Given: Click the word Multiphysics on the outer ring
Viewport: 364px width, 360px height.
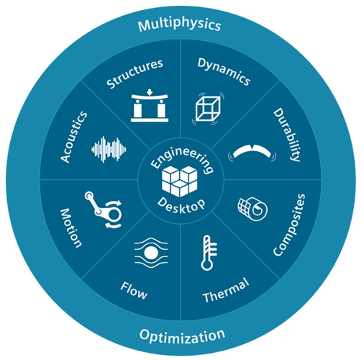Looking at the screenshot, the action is click(179, 25).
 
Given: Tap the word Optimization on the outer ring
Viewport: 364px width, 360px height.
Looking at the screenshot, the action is click(182, 336).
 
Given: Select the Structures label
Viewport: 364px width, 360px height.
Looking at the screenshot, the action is click(135, 73).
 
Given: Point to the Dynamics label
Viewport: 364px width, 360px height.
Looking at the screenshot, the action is click(224, 71).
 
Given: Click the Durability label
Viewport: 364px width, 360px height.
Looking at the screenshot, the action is click(287, 135).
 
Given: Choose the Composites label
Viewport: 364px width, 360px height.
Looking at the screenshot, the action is click(289, 225).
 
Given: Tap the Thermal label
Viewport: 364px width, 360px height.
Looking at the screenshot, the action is click(226, 290).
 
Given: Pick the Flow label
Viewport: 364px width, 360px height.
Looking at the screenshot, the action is click(134, 291).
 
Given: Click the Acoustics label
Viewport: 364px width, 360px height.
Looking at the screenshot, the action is click(74, 137).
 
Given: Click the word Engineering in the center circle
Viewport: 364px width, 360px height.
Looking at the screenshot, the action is click(182, 159).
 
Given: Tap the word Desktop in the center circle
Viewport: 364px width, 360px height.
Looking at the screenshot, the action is click(181, 206).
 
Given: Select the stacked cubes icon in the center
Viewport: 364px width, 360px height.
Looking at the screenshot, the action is click(180, 181).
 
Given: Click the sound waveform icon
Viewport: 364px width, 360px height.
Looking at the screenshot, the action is click(109, 149).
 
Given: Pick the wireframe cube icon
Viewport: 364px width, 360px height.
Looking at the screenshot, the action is click(208, 109).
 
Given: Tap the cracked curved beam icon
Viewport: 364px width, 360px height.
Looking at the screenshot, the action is click(252, 153).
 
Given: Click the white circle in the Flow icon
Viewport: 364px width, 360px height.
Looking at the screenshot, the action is click(151, 253).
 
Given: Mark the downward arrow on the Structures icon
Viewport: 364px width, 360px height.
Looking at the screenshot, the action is click(150, 91).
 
